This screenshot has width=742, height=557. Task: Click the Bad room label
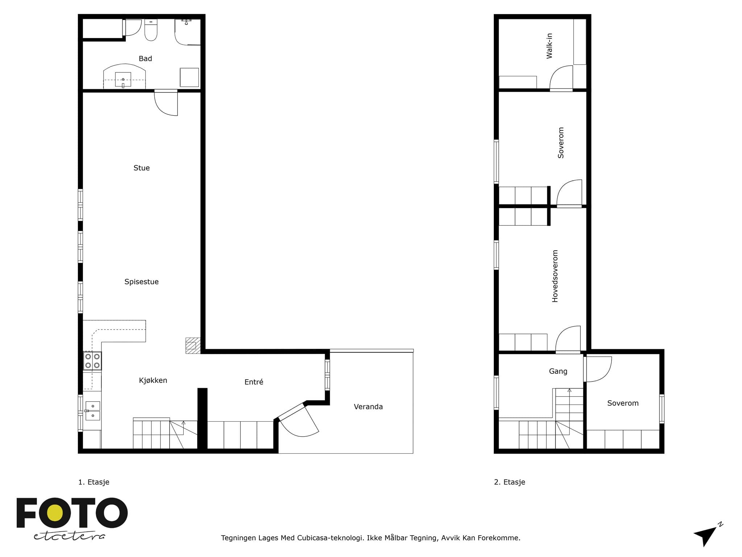click(x=145, y=59)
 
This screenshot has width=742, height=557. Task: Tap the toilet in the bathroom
click(x=151, y=30)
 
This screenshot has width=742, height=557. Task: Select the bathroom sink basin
click(x=123, y=79)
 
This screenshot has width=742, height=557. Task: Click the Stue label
click(x=142, y=168)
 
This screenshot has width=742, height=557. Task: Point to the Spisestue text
click(x=142, y=282)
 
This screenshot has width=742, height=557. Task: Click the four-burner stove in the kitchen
click(x=92, y=361)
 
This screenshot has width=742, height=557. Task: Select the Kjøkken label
click(x=153, y=380)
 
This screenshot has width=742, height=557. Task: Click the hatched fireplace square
click(x=193, y=346)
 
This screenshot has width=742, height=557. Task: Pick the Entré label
click(x=254, y=382)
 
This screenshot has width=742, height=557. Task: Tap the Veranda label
click(x=368, y=407)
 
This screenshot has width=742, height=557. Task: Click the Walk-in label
click(x=550, y=46)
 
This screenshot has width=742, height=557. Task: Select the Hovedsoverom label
click(x=555, y=276)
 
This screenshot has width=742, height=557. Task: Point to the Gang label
click(x=558, y=371)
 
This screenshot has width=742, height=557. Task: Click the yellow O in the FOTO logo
click(x=55, y=513)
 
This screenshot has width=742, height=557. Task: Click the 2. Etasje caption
click(x=510, y=482)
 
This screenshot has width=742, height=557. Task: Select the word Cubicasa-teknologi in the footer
click(x=330, y=538)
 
